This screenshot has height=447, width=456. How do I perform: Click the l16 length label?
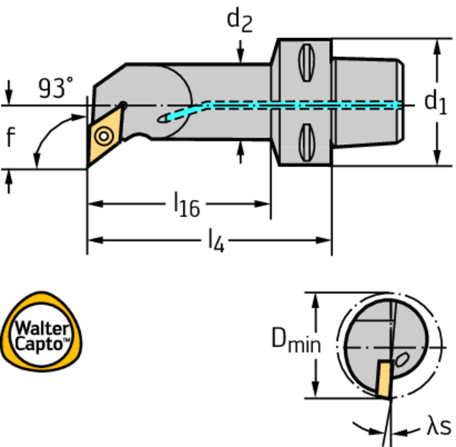187,206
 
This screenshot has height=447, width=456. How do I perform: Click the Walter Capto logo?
41,331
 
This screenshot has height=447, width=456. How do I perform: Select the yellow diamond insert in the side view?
105,134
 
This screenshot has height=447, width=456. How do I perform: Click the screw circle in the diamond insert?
103,136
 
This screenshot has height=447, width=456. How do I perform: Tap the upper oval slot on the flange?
305,62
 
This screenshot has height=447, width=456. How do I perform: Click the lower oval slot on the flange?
305,142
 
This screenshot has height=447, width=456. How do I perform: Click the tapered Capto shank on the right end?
367,102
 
